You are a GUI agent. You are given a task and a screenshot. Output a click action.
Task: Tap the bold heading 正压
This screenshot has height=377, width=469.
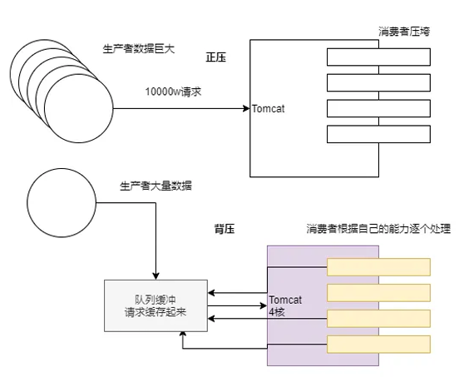point(216,57)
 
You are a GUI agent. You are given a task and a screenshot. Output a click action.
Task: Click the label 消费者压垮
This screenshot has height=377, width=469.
point(404,32)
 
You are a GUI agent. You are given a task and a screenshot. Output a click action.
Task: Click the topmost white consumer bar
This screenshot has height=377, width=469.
point(378,57)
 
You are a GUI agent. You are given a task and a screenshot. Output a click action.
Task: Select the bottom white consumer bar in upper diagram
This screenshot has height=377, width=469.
point(378,134)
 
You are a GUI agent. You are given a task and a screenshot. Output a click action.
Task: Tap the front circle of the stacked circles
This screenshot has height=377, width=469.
point(78,109)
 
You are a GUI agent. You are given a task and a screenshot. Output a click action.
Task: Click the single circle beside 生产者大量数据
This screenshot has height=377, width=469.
point(61,203)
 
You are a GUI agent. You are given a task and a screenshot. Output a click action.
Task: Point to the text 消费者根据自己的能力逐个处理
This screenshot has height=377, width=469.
point(378,228)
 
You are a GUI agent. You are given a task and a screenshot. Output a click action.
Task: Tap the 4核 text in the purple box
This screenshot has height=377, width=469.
point(277,311)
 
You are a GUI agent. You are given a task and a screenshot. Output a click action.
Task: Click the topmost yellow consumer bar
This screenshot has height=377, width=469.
point(378,266)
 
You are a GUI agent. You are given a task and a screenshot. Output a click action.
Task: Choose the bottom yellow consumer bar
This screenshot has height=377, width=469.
point(378,344)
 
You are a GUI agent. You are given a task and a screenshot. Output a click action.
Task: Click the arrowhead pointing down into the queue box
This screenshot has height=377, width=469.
point(156,275)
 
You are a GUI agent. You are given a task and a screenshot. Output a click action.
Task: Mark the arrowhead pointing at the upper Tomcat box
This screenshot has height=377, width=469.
point(247,107)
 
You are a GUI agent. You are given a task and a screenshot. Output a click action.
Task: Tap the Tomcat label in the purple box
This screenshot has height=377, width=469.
point(285,300)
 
